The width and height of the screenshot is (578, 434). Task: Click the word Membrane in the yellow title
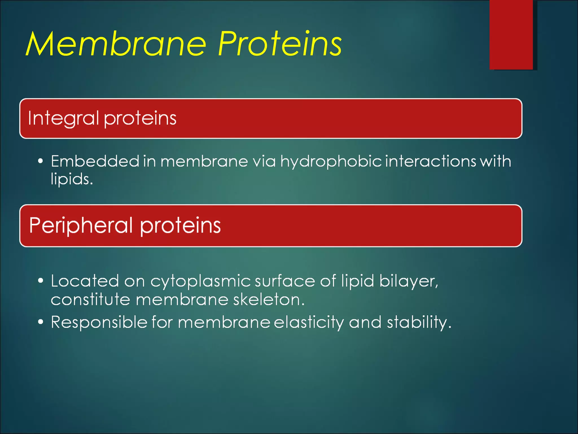[x=116, y=44]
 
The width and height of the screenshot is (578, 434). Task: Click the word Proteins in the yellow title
[x=279, y=44]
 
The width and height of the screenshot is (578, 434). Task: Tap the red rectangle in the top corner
[x=511, y=34]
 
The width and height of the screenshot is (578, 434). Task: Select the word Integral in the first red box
[x=63, y=118]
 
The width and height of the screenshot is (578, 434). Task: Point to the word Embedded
[x=95, y=161]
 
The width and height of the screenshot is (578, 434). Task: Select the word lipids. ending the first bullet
[x=72, y=179]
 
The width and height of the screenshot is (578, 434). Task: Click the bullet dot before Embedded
[x=41, y=161]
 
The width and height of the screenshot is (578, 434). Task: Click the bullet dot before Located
[x=41, y=281]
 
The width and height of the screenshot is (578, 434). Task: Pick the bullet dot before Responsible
[x=41, y=322]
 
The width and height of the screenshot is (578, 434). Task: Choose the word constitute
[x=90, y=300]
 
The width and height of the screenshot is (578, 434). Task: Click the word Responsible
[x=99, y=322]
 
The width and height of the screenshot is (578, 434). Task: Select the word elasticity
[x=309, y=322]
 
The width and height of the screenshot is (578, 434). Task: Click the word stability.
[x=419, y=322]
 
